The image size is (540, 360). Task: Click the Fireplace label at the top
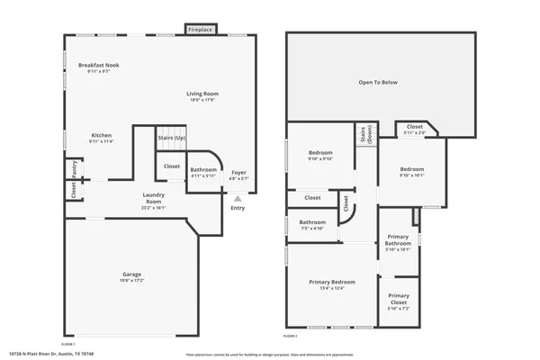coord(200,30)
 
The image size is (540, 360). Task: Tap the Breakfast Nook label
coord(99,66)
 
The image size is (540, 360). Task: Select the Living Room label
coord(202,94)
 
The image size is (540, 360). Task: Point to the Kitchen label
coord(101,135)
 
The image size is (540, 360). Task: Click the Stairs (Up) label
coord(171,138)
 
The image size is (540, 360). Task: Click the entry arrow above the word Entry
coord(238,199)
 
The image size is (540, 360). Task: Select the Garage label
coord(132,274)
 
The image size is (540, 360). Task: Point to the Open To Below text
coord(378,82)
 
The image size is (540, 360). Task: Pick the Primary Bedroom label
coord(332,282)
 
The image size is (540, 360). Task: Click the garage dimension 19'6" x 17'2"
coord(132,280)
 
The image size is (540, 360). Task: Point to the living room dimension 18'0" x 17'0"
coord(202,100)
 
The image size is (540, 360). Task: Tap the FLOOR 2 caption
coord(290,336)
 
